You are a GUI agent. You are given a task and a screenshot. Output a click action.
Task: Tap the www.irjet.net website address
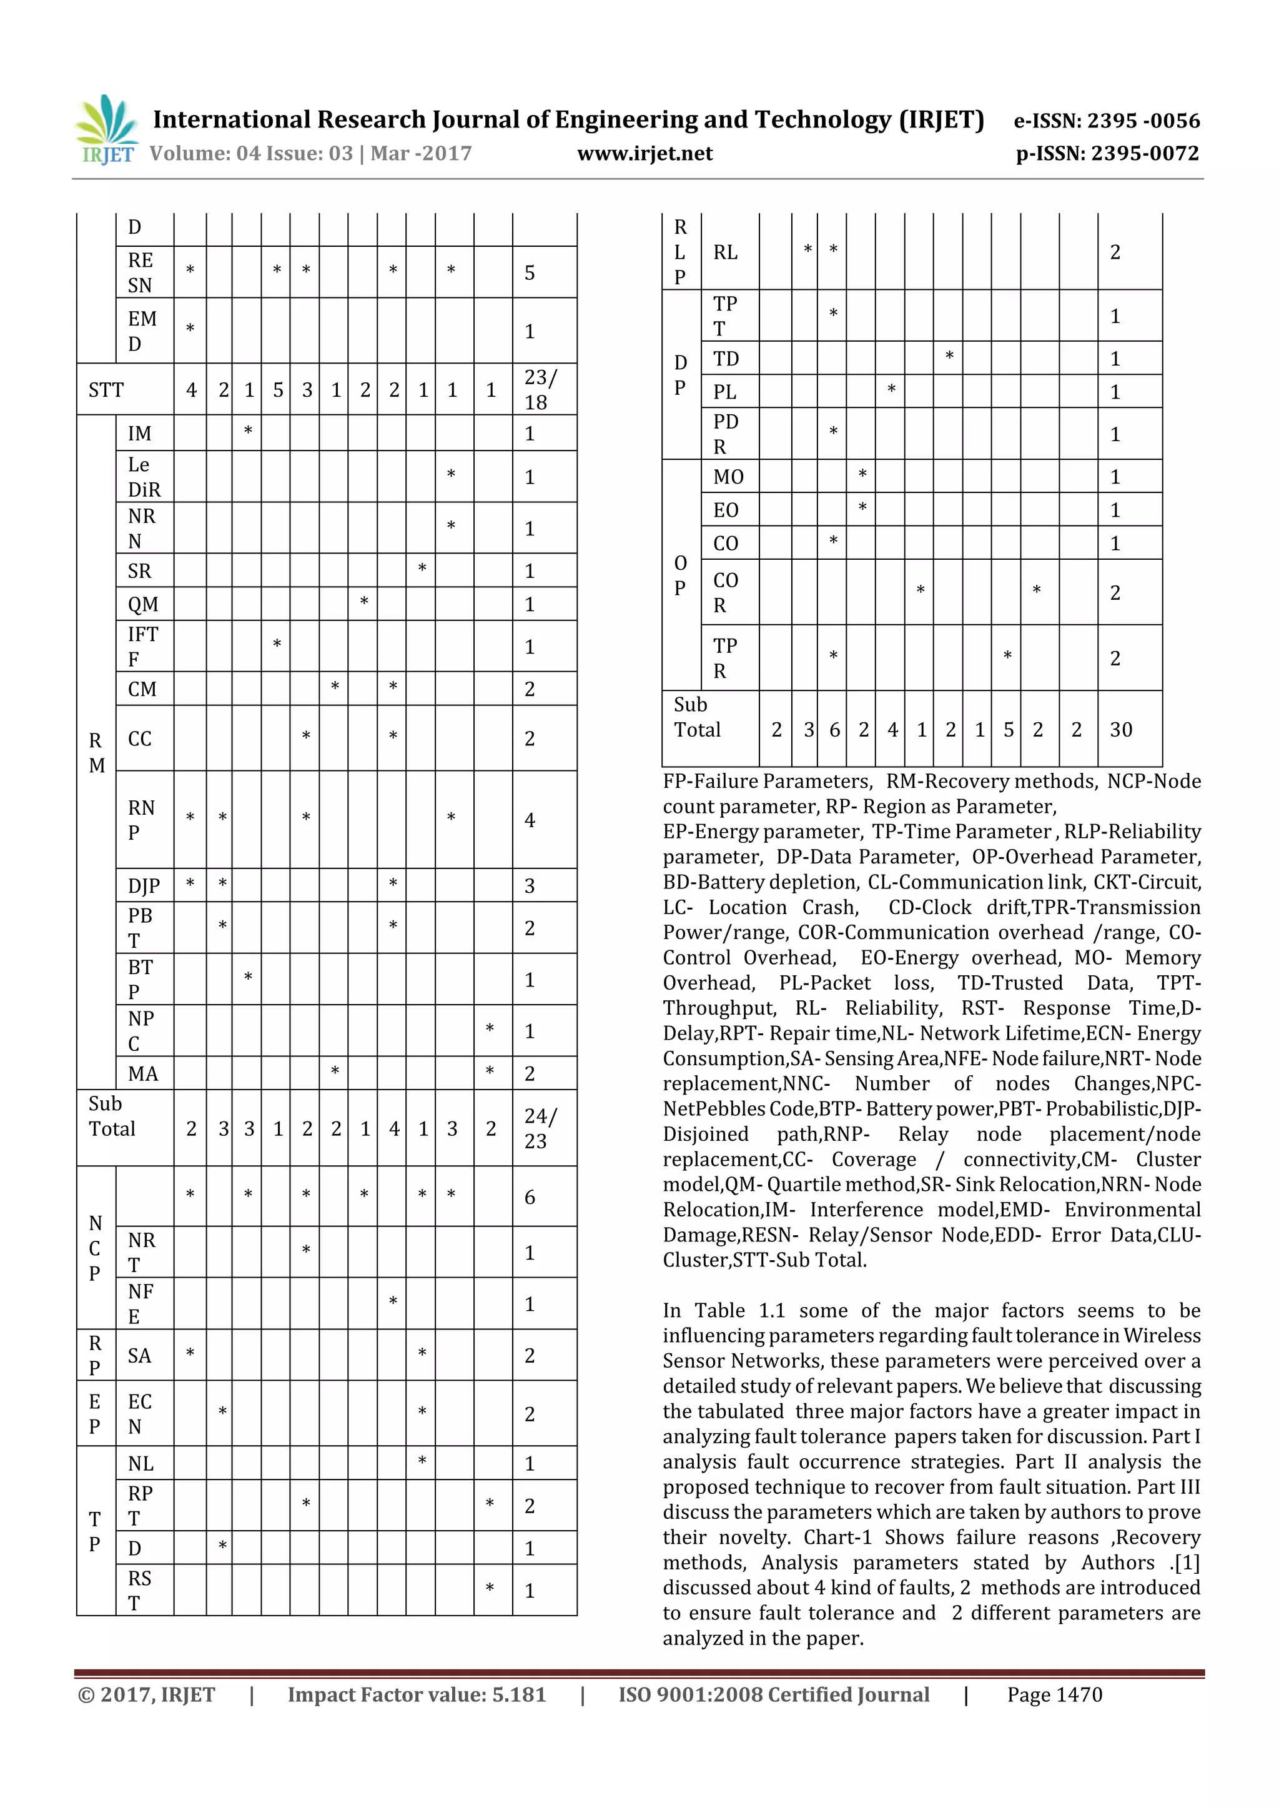pyautogui.click(x=644, y=154)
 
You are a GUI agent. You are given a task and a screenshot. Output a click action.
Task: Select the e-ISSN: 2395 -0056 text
pyautogui.click(x=1107, y=121)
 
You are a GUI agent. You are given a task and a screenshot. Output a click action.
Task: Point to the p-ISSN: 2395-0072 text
pyautogui.click(x=1107, y=154)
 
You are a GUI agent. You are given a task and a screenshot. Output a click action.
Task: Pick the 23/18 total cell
pyautogui.click(x=541, y=389)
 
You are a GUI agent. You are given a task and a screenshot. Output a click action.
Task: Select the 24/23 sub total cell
pyautogui.click(x=541, y=1128)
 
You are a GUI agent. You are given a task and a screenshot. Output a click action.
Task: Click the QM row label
pyautogui.click(x=142, y=605)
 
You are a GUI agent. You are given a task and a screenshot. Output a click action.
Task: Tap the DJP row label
pyautogui.click(x=144, y=886)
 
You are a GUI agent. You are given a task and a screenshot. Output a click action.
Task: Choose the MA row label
pyautogui.click(x=142, y=1074)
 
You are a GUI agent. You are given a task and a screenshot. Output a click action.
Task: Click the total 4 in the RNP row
pyautogui.click(x=530, y=820)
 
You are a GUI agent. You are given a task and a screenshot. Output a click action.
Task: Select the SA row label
pyautogui.click(x=139, y=1356)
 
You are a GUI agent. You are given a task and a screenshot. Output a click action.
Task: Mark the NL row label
pyautogui.click(x=141, y=1464)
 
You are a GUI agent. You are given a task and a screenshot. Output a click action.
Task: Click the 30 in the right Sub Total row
pyautogui.click(x=1120, y=730)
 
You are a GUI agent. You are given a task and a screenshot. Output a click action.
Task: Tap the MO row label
pyautogui.click(x=728, y=477)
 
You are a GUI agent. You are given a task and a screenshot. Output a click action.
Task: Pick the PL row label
pyautogui.click(x=725, y=392)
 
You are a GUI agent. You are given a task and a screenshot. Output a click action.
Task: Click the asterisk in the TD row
pyautogui.click(x=950, y=356)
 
